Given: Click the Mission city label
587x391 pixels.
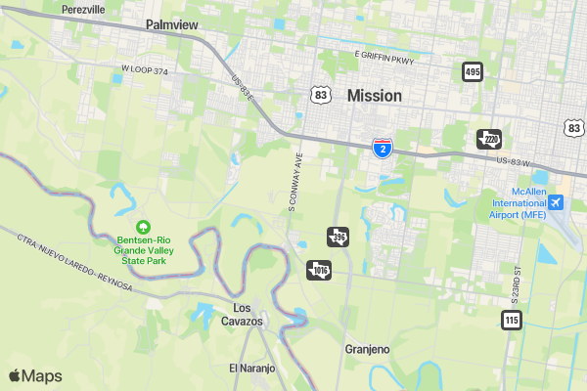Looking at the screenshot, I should coord(374,96).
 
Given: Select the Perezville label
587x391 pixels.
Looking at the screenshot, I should coord(83,9).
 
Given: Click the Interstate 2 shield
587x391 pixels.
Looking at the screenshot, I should coord(384,148).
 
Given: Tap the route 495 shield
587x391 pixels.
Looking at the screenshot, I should coord(474,71).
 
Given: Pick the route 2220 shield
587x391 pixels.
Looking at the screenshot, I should coord(489,139).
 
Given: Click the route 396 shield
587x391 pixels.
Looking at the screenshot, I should coord(338,237).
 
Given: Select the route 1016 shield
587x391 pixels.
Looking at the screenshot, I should coord(320,269).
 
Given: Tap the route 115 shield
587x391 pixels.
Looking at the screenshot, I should coord(512,320).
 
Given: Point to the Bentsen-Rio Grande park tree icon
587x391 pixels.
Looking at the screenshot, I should coord(143,227).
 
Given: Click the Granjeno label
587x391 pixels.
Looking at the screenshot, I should coord(368,349).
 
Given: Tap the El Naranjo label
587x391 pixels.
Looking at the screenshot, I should coord(252,369).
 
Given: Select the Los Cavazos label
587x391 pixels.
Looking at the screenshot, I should coord(242,314).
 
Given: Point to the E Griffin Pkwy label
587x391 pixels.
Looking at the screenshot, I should coord(385,56).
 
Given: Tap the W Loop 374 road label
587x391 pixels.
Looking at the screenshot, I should coord(146,70).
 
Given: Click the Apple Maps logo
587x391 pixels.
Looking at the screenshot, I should coord(35,376).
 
